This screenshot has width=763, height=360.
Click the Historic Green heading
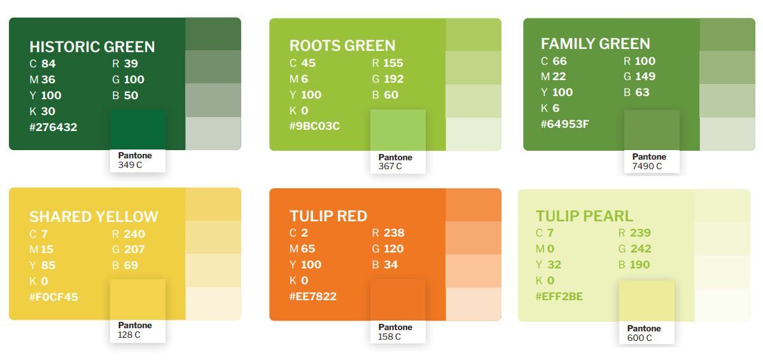92,46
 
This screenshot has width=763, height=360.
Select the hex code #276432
53,127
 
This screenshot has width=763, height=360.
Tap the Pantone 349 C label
135,160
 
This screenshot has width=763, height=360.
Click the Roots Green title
342,46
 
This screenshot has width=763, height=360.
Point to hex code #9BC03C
314,126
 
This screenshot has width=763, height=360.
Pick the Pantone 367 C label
395,162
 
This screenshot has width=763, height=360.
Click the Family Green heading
595,44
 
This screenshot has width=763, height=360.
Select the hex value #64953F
564,124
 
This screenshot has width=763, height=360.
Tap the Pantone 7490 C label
649,162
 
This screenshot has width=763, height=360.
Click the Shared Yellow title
94,216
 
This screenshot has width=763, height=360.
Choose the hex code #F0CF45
53,297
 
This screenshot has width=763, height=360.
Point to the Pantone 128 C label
135,330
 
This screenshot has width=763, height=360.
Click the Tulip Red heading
328,216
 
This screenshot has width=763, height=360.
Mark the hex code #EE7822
313,296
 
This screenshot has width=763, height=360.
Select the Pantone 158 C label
395,332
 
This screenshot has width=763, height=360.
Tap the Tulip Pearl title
584,216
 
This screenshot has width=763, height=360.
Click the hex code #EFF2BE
559,296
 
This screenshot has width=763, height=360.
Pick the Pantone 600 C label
644,333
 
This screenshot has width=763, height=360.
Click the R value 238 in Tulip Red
394,233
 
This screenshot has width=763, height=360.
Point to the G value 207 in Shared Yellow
134,249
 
